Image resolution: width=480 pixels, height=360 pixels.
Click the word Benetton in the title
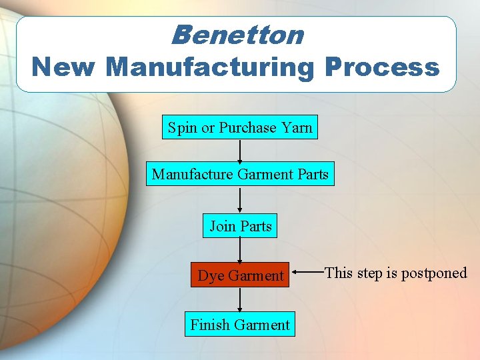(x=237, y=35)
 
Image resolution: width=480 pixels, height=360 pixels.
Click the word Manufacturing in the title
(x=213, y=67)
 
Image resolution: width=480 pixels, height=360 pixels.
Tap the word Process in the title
(x=383, y=67)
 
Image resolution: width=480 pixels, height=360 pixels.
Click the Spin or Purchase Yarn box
(x=240, y=127)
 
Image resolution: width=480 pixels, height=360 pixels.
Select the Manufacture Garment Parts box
(x=240, y=175)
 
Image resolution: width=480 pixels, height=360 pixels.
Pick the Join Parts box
(x=240, y=226)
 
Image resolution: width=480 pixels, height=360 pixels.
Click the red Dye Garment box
(x=240, y=275)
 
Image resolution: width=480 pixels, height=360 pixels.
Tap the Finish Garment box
(x=240, y=325)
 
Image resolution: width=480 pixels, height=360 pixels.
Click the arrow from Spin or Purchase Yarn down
(x=240, y=151)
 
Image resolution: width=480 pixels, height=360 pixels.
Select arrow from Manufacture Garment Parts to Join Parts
(x=240, y=200)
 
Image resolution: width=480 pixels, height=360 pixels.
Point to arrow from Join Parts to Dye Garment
(x=240, y=250)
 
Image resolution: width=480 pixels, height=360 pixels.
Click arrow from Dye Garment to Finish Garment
(x=240, y=299)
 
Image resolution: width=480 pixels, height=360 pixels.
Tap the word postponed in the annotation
(x=434, y=273)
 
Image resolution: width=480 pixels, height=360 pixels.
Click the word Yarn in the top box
(x=297, y=127)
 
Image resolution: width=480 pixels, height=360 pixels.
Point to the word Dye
(x=211, y=275)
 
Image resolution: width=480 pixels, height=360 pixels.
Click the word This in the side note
(x=338, y=273)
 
